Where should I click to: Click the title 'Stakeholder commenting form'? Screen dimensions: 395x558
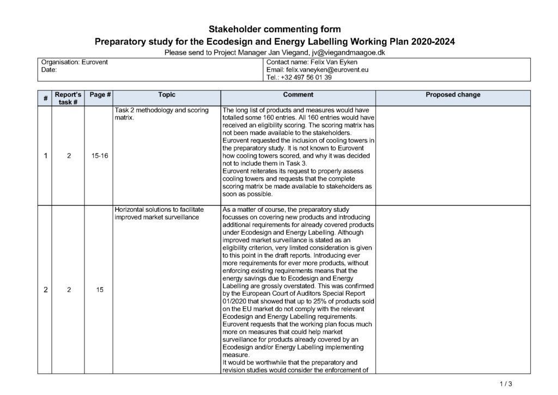point(275,29)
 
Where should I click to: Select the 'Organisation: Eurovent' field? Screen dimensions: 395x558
point(75,62)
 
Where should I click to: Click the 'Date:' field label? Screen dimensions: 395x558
point(49,70)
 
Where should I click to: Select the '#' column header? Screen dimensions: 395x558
point(45,98)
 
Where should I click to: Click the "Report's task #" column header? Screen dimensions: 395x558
point(68,98)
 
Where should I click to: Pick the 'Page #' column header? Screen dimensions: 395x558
point(100,95)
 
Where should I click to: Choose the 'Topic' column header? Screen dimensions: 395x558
point(167,95)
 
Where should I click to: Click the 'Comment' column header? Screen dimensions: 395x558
point(298,95)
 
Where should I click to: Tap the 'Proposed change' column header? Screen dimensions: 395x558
point(453,95)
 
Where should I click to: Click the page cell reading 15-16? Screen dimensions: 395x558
point(100,156)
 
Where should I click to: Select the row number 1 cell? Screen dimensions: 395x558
point(45,156)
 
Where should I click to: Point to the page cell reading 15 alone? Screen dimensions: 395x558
point(100,290)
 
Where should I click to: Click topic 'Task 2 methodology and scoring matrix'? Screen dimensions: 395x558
point(161,113)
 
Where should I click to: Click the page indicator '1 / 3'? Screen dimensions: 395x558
point(506,384)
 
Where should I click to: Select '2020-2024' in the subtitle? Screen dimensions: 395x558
point(433,41)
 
